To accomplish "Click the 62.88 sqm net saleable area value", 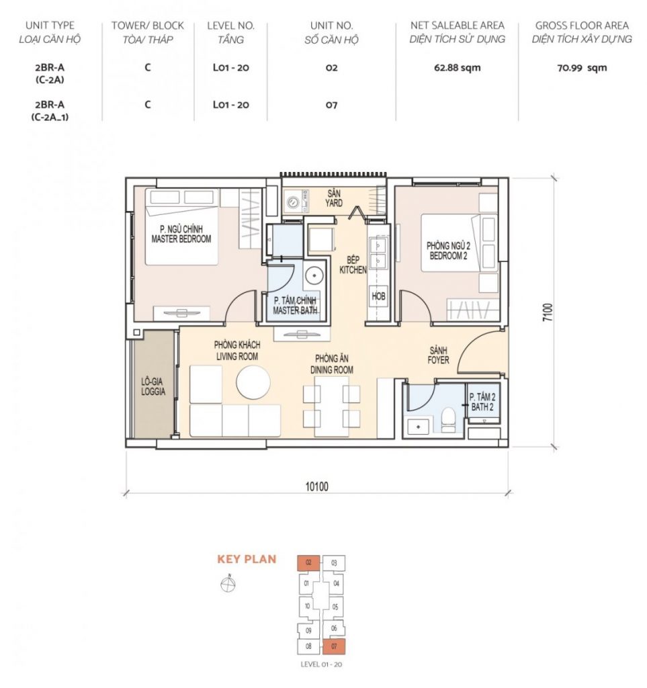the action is click(x=457, y=68).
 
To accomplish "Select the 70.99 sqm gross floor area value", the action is click(x=582, y=68).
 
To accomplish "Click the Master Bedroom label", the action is click(x=181, y=234).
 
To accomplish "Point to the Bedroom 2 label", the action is click(x=448, y=251).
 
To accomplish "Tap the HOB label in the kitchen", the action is click(x=378, y=296).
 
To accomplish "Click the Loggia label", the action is click(x=153, y=386).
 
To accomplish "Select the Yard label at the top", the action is click(x=334, y=198).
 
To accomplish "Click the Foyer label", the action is click(x=438, y=355).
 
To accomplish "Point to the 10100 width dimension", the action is click(x=316, y=486).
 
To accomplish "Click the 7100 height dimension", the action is click(x=548, y=313).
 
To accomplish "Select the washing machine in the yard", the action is click(x=292, y=202).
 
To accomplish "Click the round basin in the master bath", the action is click(x=314, y=275).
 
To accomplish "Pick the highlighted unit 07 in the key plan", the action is click(x=334, y=647).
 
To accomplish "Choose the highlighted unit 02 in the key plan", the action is click(x=309, y=562).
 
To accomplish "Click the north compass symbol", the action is click(x=228, y=584).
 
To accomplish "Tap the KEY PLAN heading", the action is click(x=247, y=559).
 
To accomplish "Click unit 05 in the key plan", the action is click(x=335, y=607).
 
